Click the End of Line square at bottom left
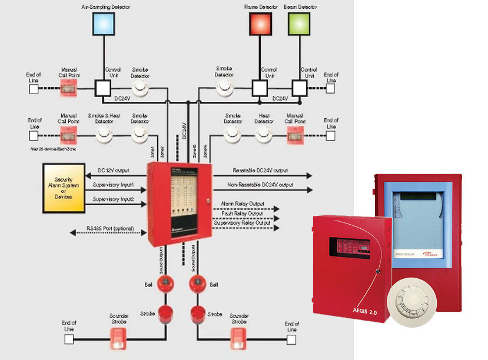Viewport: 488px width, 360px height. (69, 339)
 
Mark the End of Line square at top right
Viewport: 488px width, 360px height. (331, 89)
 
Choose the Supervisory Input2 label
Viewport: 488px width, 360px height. (113, 199)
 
